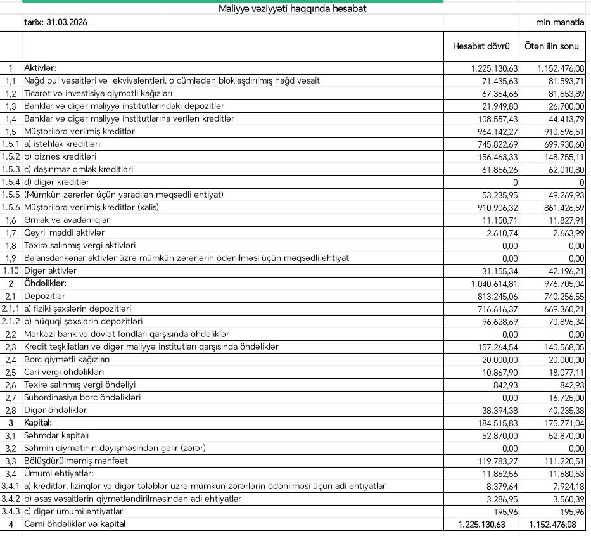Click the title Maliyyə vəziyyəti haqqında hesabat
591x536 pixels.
[x=292, y=9]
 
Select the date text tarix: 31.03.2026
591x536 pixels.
[x=55, y=22]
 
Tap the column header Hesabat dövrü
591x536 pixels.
[x=481, y=46]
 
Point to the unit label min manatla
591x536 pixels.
[x=560, y=22]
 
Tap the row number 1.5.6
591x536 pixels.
[x=11, y=207]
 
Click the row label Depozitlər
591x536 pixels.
[x=44, y=296]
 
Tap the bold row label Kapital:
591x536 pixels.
[x=38, y=423]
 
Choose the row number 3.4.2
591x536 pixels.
[x=11, y=499]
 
